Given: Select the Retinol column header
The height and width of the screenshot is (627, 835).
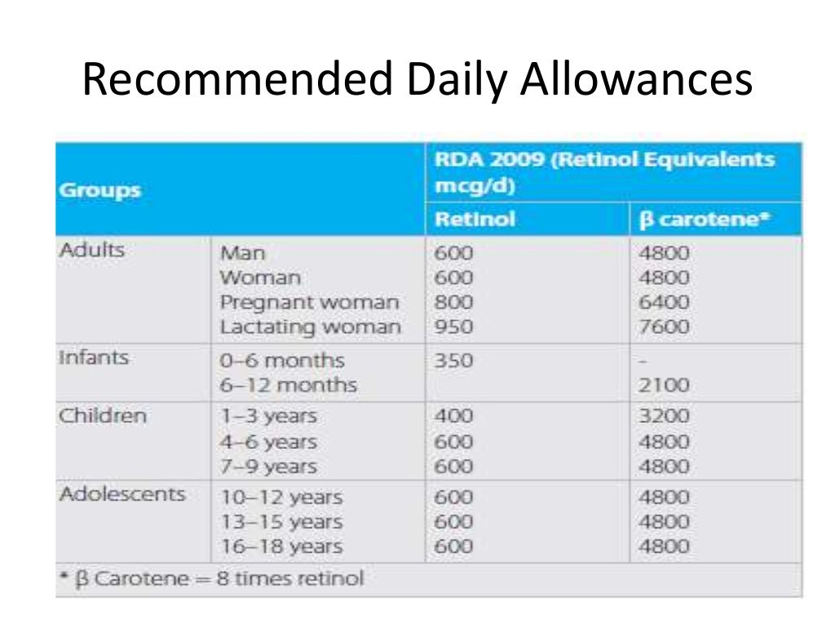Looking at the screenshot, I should (x=475, y=220).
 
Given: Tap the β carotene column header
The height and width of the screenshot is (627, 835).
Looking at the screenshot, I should (x=704, y=220).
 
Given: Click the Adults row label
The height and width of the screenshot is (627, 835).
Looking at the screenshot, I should (x=92, y=250).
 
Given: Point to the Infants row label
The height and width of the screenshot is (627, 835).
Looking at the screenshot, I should (x=93, y=358).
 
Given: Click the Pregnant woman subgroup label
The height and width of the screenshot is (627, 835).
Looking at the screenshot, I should (x=310, y=303).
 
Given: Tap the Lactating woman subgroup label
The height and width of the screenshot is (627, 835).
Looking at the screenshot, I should (x=311, y=328).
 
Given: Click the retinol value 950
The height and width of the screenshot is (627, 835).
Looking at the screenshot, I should (x=453, y=328).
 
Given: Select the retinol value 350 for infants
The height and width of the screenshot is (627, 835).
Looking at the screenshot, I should (x=453, y=360).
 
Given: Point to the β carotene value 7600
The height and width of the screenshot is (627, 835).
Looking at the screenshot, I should (x=665, y=328).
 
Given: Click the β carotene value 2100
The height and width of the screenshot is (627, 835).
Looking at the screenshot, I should (x=665, y=385).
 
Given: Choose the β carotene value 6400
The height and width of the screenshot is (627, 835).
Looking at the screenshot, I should (x=665, y=303).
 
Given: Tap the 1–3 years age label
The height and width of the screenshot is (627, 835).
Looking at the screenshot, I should (x=268, y=416).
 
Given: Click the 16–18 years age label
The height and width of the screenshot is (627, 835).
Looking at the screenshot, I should (x=281, y=547).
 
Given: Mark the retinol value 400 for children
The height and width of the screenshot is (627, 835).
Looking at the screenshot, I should (x=453, y=416).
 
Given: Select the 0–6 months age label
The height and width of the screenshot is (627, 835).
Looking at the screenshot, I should (x=282, y=360).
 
